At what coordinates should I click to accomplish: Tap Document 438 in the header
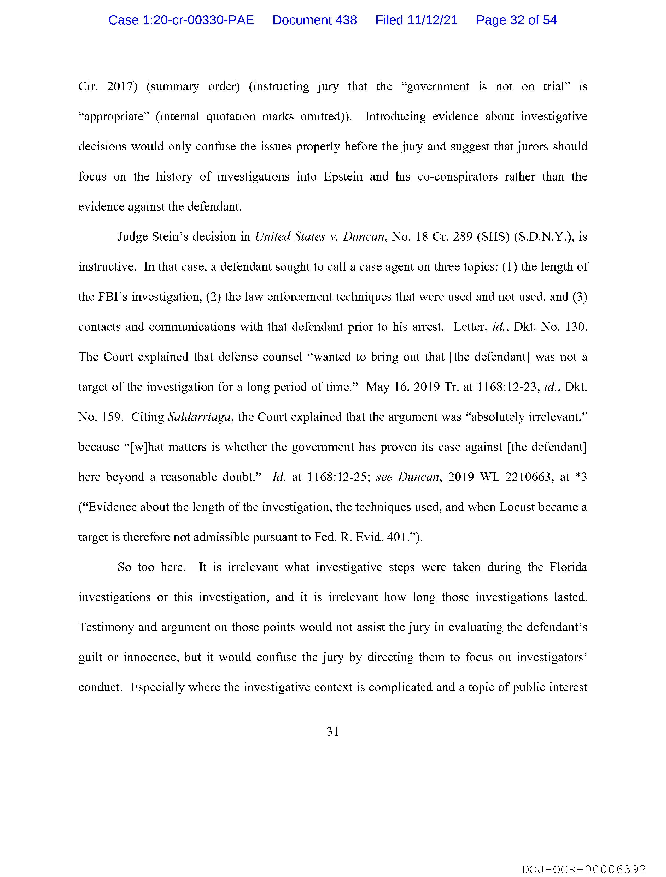[x=314, y=20]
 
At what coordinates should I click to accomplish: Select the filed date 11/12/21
[x=416, y=20]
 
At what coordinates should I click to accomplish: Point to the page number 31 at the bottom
[x=332, y=731]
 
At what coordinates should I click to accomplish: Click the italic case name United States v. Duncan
[x=319, y=237]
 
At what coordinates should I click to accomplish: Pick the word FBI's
[x=110, y=297]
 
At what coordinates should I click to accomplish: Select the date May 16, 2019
[x=402, y=387]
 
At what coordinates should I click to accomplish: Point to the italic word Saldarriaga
[x=199, y=417]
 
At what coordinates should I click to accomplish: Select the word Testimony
[x=105, y=627]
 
